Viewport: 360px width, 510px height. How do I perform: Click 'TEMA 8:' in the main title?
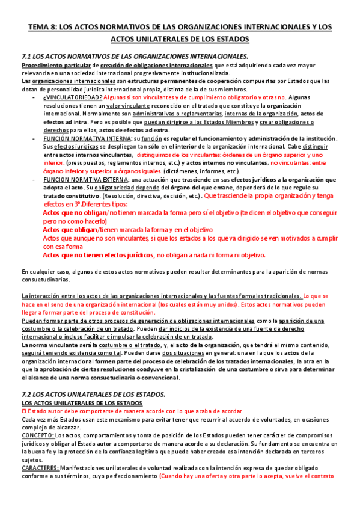[44, 28]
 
